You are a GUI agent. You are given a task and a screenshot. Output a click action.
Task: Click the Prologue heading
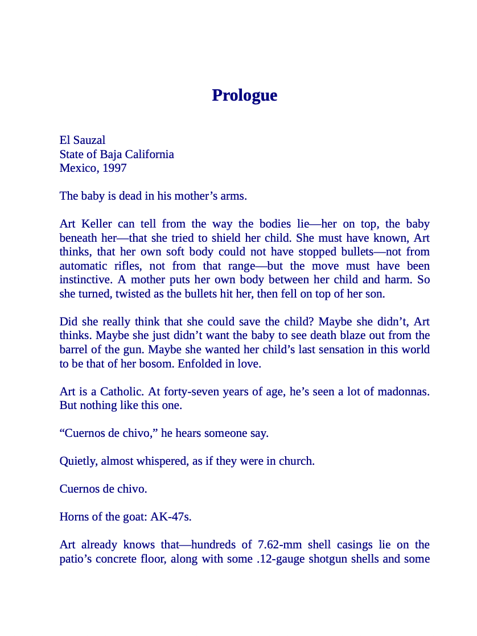click(244, 95)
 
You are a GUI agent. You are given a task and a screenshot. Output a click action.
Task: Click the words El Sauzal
click(82, 140)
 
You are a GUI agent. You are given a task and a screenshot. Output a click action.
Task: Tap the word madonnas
click(404, 391)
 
